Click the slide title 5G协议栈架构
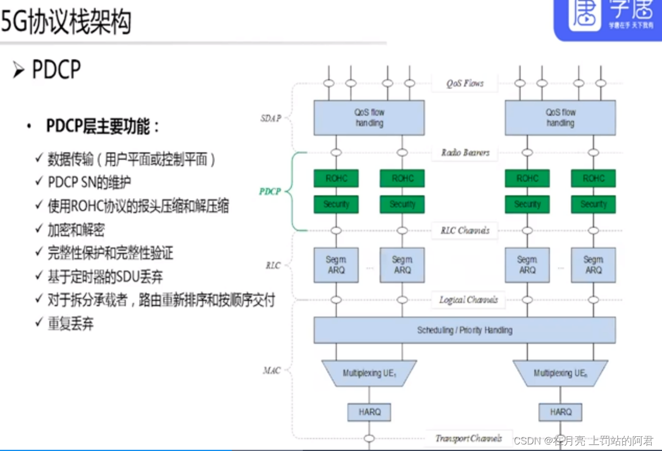[66, 22]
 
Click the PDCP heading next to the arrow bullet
[56, 70]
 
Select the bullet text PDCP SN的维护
[89, 182]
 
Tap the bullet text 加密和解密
[76, 229]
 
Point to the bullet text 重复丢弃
[71, 324]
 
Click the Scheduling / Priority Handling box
[464, 330]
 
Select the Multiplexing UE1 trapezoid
[369, 373]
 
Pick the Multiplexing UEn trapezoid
[560, 373]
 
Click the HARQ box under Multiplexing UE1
[369, 412]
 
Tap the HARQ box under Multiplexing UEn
[560, 412]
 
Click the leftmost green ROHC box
[336, 178]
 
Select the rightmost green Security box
[593, 204]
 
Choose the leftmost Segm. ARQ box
[336, 265]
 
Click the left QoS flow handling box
[369, 117]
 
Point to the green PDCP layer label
[270, 192]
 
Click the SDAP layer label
[270, 118]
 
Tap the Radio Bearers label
[465, 153]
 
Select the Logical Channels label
[468, 299]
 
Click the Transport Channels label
[468, 438]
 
